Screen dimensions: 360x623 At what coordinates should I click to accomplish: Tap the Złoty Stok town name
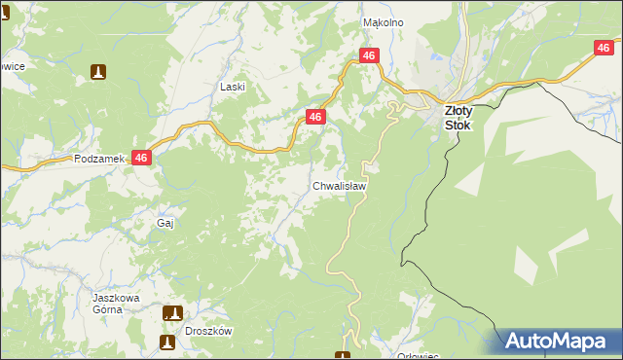[x=458, y=118]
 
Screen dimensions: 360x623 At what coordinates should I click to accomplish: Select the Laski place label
[x=233, y=87]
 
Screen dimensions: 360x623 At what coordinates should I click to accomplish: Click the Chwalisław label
[x=339, y=185]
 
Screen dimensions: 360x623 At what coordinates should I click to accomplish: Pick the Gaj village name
[x=165, y=223]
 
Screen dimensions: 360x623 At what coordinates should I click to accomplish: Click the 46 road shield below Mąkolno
[x=368, y=56]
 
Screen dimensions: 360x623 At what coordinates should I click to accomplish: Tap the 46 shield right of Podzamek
[x=142, y=158]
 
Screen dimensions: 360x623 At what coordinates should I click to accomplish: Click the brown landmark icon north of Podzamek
[x=98, y=71]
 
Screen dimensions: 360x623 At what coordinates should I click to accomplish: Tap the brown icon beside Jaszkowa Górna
[x=172, y=312]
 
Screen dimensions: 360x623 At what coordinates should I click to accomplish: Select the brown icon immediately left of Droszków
[x=167, y=342]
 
